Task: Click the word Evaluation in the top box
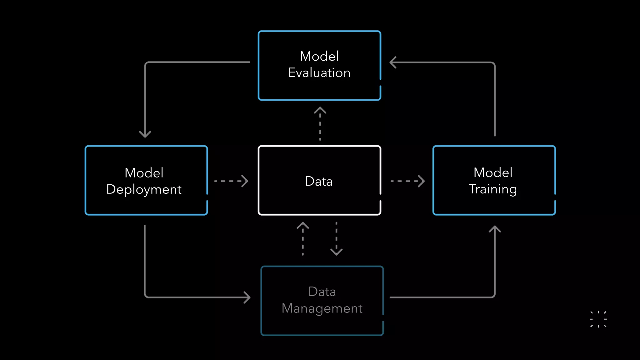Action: click(x=319, y=73)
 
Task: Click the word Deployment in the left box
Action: click(x=144, y=189)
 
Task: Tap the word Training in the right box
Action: click(x=492, y=189)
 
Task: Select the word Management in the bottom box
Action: click(x=322, y=308)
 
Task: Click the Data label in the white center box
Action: click(x=319, y=181)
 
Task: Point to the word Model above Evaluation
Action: click(x=319, y=56)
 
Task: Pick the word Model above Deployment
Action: click(x=144, y=173)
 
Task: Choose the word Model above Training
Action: click(x=493, y=172)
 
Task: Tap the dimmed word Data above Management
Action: click(x=322, y=292)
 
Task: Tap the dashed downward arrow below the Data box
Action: click(x=336, y=239)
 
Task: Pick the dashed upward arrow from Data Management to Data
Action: click(x=302, y=239)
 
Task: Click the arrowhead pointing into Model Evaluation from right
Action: click(x=393, y=62)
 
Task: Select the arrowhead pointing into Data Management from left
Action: click(x=247, y=297)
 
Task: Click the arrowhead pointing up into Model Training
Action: click(x=495, y=229)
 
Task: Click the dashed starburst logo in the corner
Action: click(x=598, y=319)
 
